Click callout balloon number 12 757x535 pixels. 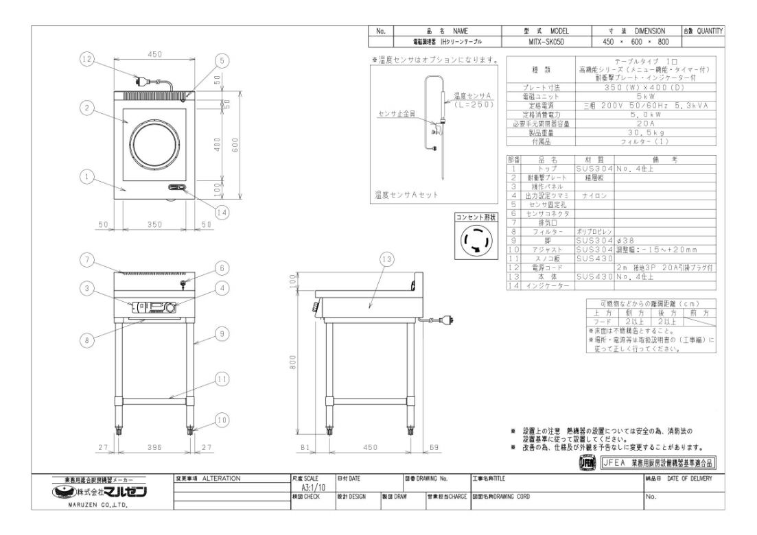tap(86, 60)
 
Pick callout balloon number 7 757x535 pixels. tap(86, 259)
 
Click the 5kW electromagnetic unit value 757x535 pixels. tap(642, 97)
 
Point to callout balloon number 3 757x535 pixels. tap(86, 289)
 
